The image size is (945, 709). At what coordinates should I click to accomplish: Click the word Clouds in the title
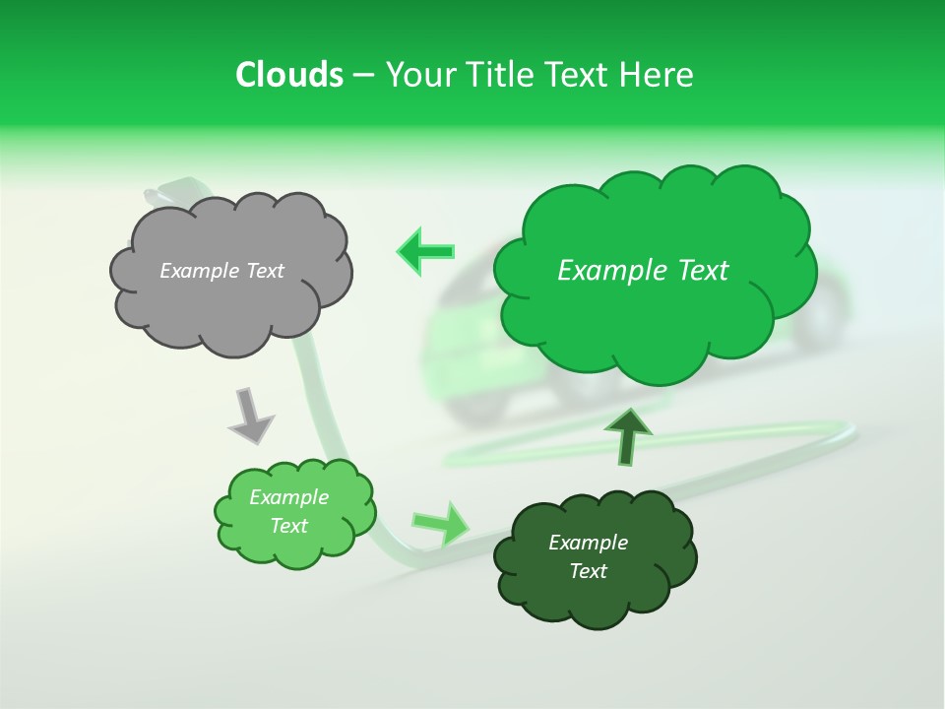point(288,75)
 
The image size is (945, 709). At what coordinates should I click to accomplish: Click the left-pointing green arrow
point(426,251)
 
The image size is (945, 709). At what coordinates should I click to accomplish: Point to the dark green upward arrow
point(627,435)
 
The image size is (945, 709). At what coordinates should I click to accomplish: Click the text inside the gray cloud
point(221,271)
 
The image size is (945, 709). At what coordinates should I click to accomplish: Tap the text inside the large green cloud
point(643,271)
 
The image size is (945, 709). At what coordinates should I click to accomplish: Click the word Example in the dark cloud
point(588,543)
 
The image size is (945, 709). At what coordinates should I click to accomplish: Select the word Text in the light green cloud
point(288,526)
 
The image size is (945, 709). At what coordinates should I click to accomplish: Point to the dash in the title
point(362,76)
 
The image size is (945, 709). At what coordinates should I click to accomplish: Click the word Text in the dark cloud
point(588,571)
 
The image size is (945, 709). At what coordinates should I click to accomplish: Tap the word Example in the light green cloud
point(288,497)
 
